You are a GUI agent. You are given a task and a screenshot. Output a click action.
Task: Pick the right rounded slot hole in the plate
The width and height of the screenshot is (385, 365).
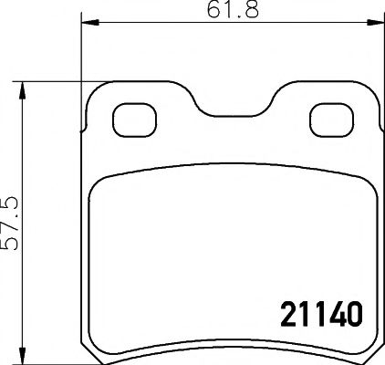point(327,118)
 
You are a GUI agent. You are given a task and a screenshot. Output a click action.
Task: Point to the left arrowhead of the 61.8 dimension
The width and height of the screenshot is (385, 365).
point(88,25)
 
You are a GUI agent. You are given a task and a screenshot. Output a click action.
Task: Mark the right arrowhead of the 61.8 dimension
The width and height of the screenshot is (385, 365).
point(377,25)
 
